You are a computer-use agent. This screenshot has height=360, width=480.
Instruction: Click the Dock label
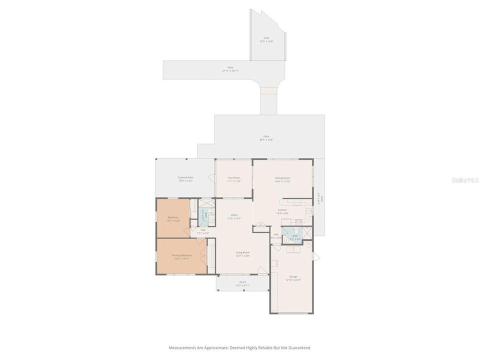click(x=266, y=38)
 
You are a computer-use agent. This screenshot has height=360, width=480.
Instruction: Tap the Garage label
click(x=293, y=276)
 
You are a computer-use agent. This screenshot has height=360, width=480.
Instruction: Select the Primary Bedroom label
click(x=182, y=255)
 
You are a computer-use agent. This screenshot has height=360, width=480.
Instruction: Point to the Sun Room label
click(x=234, y=178)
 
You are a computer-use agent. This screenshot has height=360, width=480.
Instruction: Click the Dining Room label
click(x=283, y=178)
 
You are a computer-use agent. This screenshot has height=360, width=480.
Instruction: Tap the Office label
click(x=234, y=215)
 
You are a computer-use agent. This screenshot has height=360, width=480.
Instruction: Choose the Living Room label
click(x=242, y=252)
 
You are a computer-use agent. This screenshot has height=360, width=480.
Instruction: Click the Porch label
click(x=242, y=282)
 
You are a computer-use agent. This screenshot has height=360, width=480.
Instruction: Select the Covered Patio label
click(x=185, y=177)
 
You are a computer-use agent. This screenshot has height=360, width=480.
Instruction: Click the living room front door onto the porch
click(x=262, y=270)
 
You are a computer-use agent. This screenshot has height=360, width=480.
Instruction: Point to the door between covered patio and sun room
click(x=212, y=177)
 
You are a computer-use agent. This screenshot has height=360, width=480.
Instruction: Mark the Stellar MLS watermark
click(x=464, y=179)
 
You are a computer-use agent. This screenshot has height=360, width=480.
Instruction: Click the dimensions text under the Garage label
click(x=293, y=280)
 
